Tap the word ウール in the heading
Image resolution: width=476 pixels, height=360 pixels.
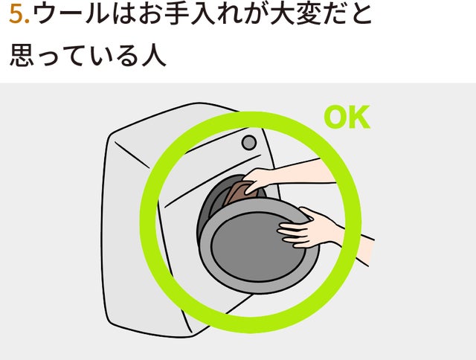pos(71,14)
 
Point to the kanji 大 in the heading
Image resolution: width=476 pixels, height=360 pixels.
pos(282,14)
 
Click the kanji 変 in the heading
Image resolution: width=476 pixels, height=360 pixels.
pos(308,14)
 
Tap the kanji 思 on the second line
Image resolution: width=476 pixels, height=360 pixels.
pos(22,55)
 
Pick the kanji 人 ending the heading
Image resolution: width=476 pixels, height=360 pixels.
pos(154,55)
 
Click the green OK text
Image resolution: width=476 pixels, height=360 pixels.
pos(347,117)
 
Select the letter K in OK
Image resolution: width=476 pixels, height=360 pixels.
pos(360,117)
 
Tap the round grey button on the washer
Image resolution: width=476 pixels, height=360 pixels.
pos(249,142)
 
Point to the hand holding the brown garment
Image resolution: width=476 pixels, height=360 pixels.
pos(258,181)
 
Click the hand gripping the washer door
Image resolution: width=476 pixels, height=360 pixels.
pos(308,228)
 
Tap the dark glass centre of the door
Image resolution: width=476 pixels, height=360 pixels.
pos(257,246)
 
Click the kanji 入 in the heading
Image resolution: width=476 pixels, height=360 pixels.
pos(203,14)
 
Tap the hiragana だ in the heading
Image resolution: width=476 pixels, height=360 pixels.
pos(334,14)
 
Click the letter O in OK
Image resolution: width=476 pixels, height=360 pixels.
pos(336,117)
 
